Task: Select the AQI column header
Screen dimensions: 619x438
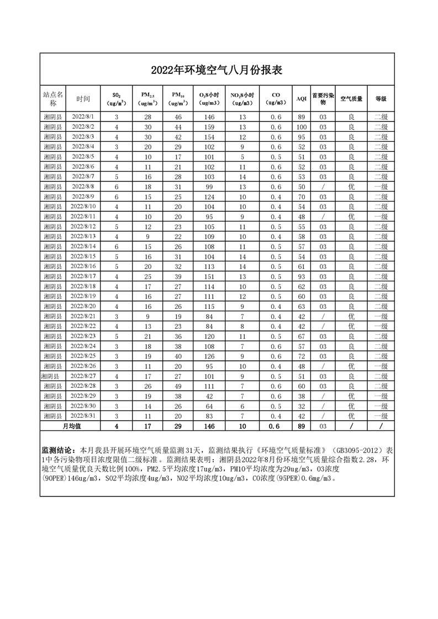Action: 301,99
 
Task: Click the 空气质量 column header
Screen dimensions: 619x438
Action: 351,99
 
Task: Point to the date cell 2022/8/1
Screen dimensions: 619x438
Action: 83,117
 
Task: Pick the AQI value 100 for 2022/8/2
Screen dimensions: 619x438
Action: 301,127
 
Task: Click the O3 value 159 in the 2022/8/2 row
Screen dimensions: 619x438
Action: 209,127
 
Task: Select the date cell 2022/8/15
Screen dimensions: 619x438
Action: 83,257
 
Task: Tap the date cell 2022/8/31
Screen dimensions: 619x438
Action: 83,415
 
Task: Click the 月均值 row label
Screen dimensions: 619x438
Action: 71,426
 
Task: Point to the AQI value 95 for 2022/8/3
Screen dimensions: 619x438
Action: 301,137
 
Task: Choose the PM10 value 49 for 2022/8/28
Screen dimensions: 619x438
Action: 178,386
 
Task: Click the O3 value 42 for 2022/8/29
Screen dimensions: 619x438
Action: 209,396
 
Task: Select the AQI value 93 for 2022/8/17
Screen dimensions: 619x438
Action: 301,276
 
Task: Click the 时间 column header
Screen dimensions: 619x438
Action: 83,99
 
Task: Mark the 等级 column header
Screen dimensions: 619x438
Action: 381,99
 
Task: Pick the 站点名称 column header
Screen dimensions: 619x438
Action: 54,99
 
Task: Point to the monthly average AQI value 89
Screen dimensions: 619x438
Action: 301,426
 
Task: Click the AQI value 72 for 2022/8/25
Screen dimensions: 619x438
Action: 301,356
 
